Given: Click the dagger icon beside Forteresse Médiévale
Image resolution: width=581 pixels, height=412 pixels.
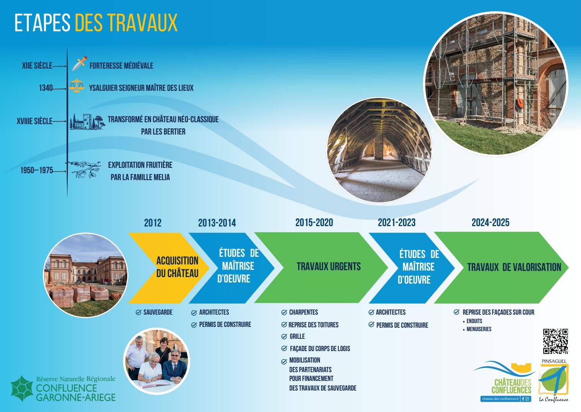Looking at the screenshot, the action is [79, 63].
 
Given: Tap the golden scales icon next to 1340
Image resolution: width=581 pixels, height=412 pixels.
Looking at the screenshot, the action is [77, 85].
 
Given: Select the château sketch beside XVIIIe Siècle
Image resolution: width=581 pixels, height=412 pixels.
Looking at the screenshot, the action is [87, 121].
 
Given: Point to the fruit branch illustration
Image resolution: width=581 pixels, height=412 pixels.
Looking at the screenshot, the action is [85, 169].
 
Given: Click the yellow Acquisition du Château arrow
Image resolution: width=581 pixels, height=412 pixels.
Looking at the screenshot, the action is [169, 268].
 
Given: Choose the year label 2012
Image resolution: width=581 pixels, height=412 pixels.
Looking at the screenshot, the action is [153, 223].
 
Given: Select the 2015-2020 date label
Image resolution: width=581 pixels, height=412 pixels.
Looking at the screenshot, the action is [314, 223].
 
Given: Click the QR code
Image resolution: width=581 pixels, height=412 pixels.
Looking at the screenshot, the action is [556, 341].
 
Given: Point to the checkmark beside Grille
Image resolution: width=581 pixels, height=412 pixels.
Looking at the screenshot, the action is [284, 336].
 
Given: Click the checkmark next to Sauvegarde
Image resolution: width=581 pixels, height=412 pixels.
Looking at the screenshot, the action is [138, 312].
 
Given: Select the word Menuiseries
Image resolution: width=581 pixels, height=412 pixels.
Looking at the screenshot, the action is [479, 329].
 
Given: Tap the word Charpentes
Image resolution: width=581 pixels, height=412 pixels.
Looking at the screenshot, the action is [304, 312].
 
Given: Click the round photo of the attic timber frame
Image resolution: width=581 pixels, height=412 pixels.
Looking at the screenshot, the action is [379, 150].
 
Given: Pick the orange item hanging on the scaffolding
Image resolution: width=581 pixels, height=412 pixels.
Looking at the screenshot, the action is [519, 104].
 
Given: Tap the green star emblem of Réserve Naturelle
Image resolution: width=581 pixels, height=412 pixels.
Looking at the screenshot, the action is [22, 388].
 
